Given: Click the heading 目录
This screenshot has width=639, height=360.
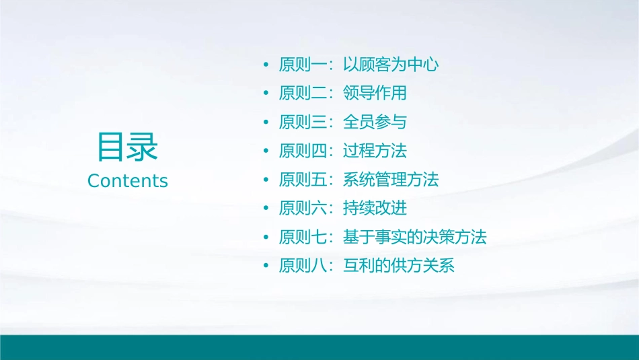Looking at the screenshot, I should pos(127,147).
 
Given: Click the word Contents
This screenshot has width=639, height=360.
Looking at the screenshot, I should pos(127,181).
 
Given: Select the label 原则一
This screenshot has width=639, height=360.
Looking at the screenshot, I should pos(303,65).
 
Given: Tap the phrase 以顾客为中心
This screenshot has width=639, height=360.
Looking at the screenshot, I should pos(391,65).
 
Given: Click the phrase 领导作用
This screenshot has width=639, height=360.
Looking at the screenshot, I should pos(375,93).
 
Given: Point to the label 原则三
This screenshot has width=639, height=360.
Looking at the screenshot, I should pos(303,122).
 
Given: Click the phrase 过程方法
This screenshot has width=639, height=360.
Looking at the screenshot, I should pos(375,151).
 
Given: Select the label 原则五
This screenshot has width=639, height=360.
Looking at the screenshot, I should pos(303,180).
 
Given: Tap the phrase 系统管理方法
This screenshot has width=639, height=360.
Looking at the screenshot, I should pos(391,180).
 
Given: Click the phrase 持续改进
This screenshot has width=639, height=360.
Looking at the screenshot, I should pos(375,208).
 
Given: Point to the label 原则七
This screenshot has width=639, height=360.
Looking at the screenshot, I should pos(303,237).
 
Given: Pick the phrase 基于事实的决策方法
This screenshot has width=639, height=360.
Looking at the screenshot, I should pos(414,237).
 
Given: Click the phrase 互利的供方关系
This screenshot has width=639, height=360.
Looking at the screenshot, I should pos(399,266).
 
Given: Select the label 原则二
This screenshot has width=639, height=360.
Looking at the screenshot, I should pos(303,93).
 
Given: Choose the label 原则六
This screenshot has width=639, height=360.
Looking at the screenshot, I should pos(303,208).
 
